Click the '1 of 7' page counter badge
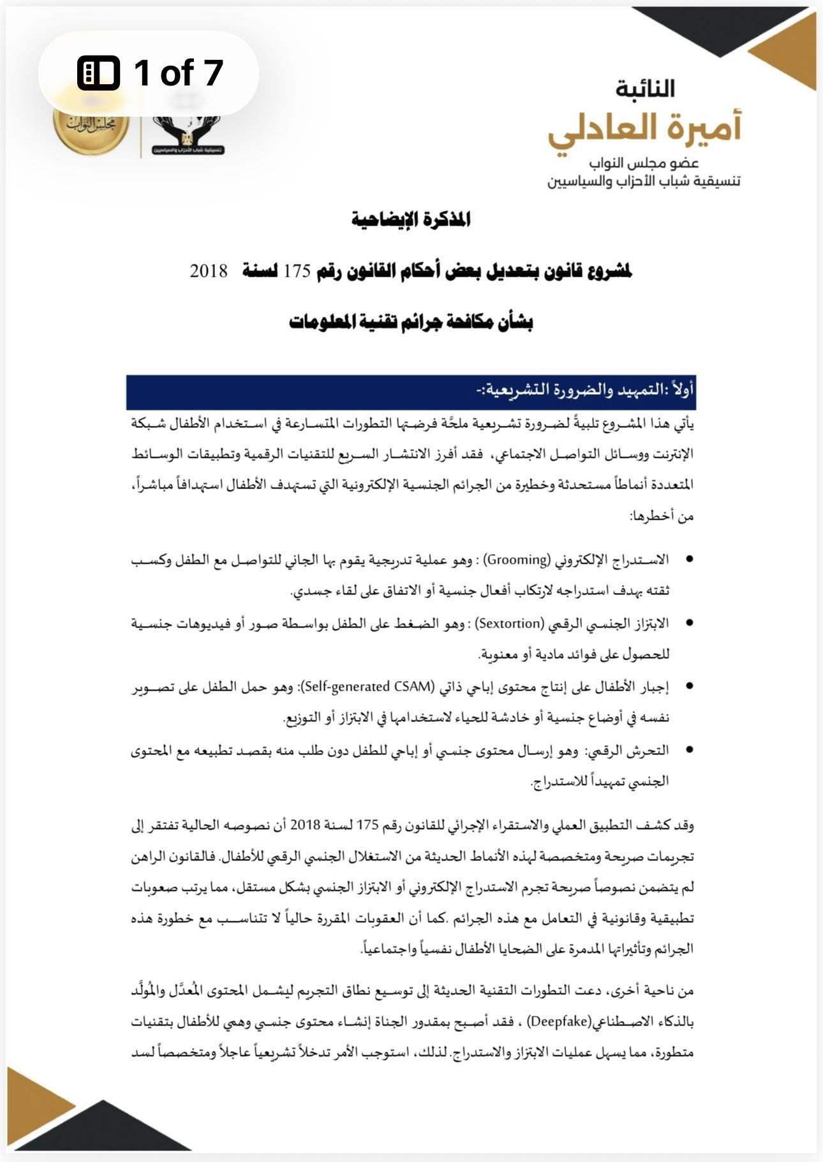point(149,73)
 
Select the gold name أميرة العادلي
point(644,128)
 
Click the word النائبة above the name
point(645,89)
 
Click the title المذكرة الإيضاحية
point(411,219)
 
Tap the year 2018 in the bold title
point(209,270)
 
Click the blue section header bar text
point(584,390)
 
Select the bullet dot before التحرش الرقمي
point(689,750)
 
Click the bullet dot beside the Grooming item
point(689,559)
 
